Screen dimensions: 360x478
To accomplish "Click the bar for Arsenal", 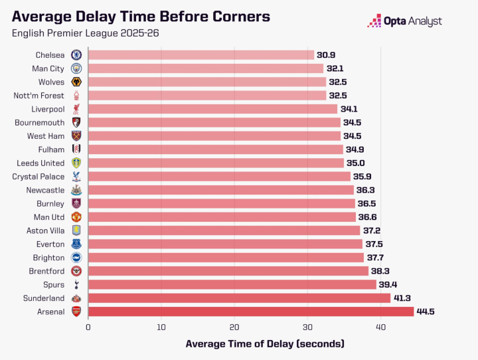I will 251,312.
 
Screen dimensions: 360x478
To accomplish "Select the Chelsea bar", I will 201,55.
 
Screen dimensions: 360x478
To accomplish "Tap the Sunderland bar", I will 239,298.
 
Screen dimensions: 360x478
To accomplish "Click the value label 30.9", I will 326,55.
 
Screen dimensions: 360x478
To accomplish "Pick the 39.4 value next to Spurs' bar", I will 388,284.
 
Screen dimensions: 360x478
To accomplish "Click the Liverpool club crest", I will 76,109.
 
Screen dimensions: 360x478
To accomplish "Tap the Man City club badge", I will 76,68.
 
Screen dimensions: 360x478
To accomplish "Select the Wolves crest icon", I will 76,82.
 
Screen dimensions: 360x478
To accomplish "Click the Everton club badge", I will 76,244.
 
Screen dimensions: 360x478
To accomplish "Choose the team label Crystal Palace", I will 39,177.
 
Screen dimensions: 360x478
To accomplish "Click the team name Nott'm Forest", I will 39,96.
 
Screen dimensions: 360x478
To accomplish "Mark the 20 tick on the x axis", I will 234,327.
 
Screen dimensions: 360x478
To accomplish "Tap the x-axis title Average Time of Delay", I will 265,343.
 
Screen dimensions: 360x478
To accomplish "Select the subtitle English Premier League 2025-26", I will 86,33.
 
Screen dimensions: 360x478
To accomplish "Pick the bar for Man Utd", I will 222,217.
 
